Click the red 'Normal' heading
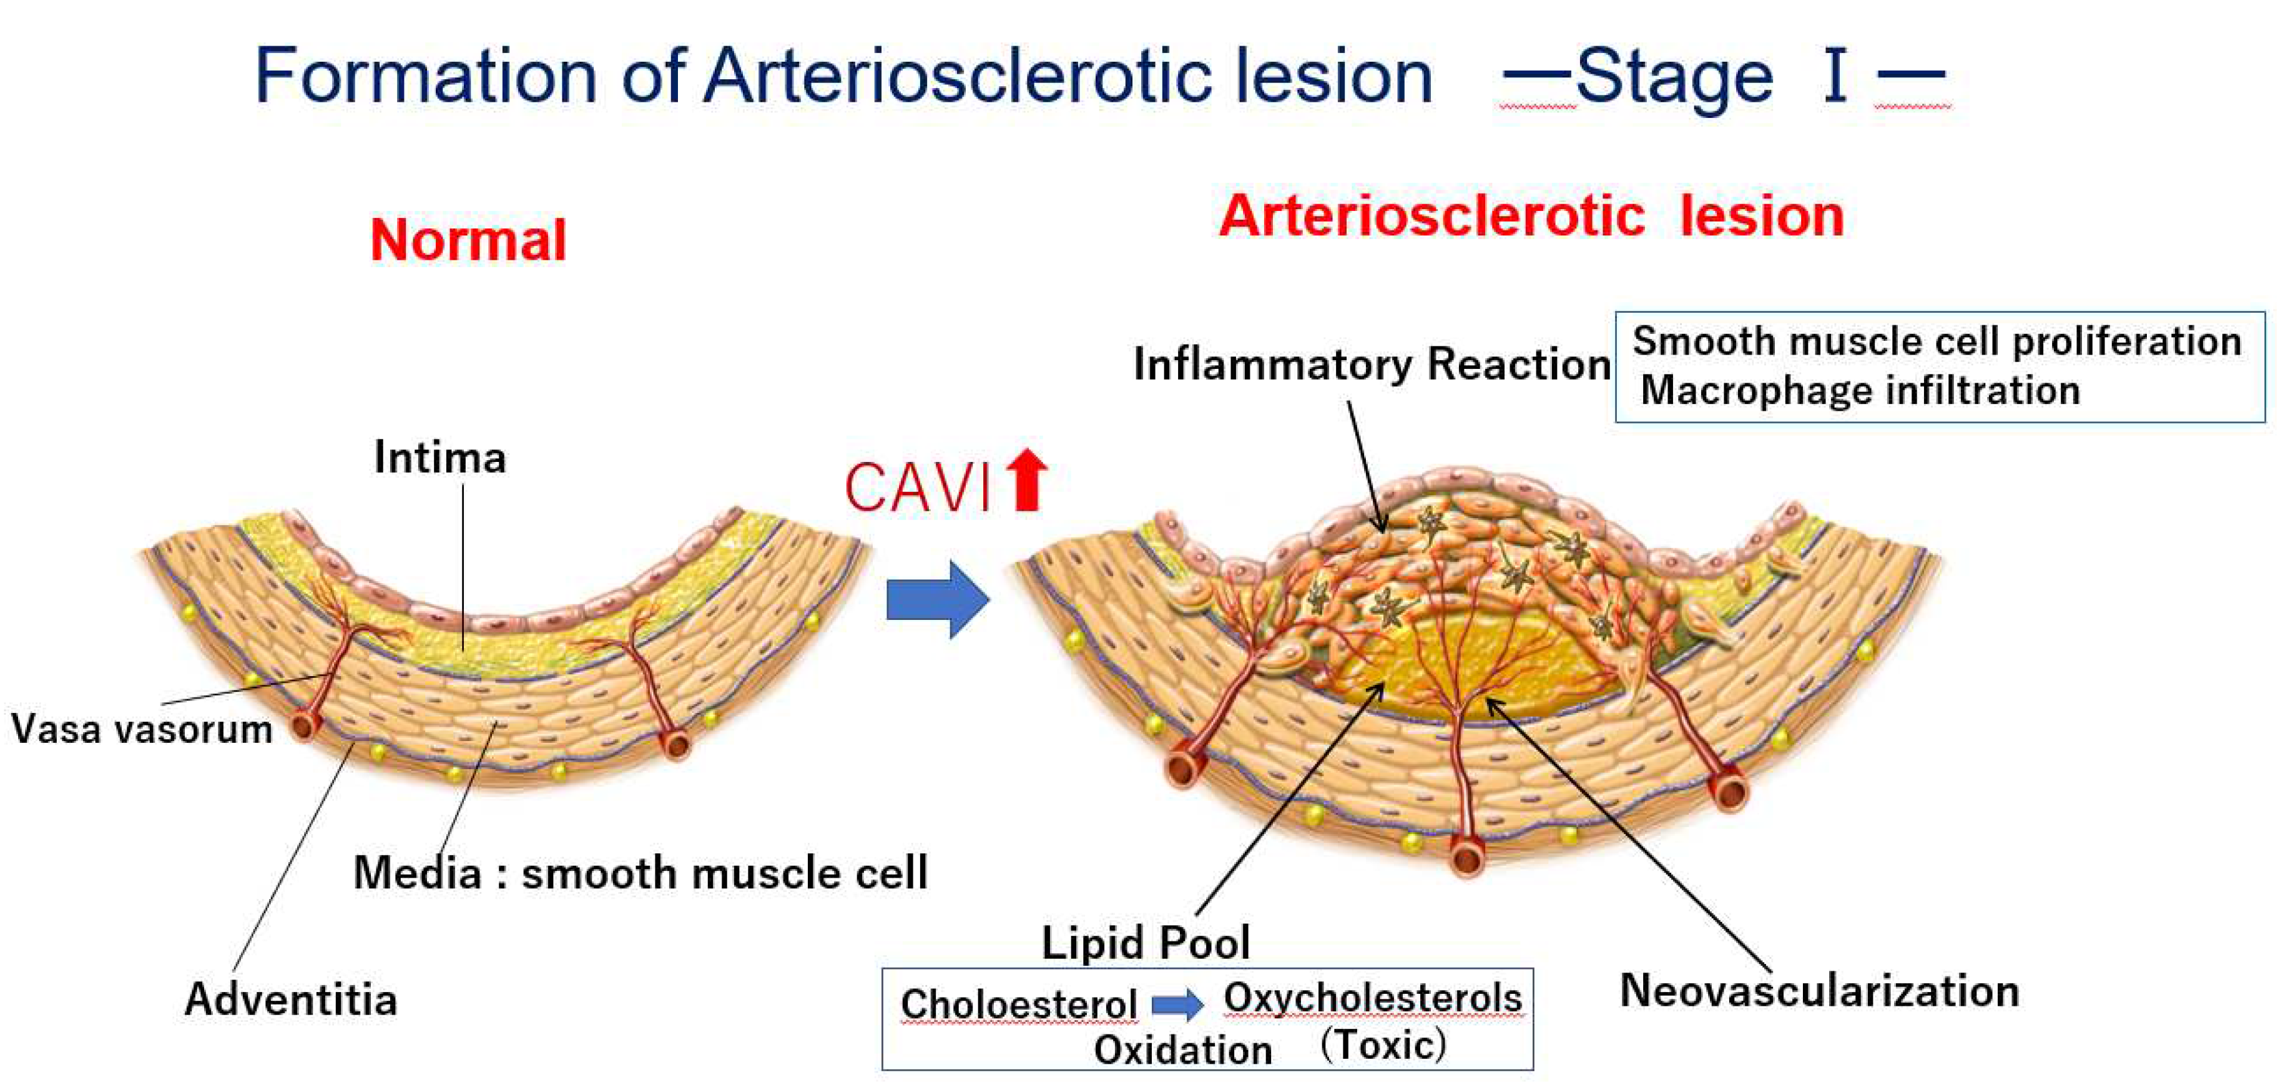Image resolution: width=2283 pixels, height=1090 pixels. [468, 240]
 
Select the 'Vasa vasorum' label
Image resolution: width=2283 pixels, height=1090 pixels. [142, 729]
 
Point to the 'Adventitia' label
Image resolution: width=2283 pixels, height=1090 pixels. [291, 999]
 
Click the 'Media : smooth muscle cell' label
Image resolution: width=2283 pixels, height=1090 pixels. [640, 873]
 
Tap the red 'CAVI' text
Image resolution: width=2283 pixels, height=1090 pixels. [917, 488]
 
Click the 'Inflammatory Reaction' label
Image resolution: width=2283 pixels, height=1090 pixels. [1372, 364]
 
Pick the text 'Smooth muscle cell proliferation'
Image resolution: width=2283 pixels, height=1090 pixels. [1937, 341]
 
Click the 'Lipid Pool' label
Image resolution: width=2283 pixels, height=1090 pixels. [1145, 942]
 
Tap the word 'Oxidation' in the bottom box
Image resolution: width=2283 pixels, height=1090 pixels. [1182, 1050]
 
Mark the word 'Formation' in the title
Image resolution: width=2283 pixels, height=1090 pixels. [425, 76]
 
